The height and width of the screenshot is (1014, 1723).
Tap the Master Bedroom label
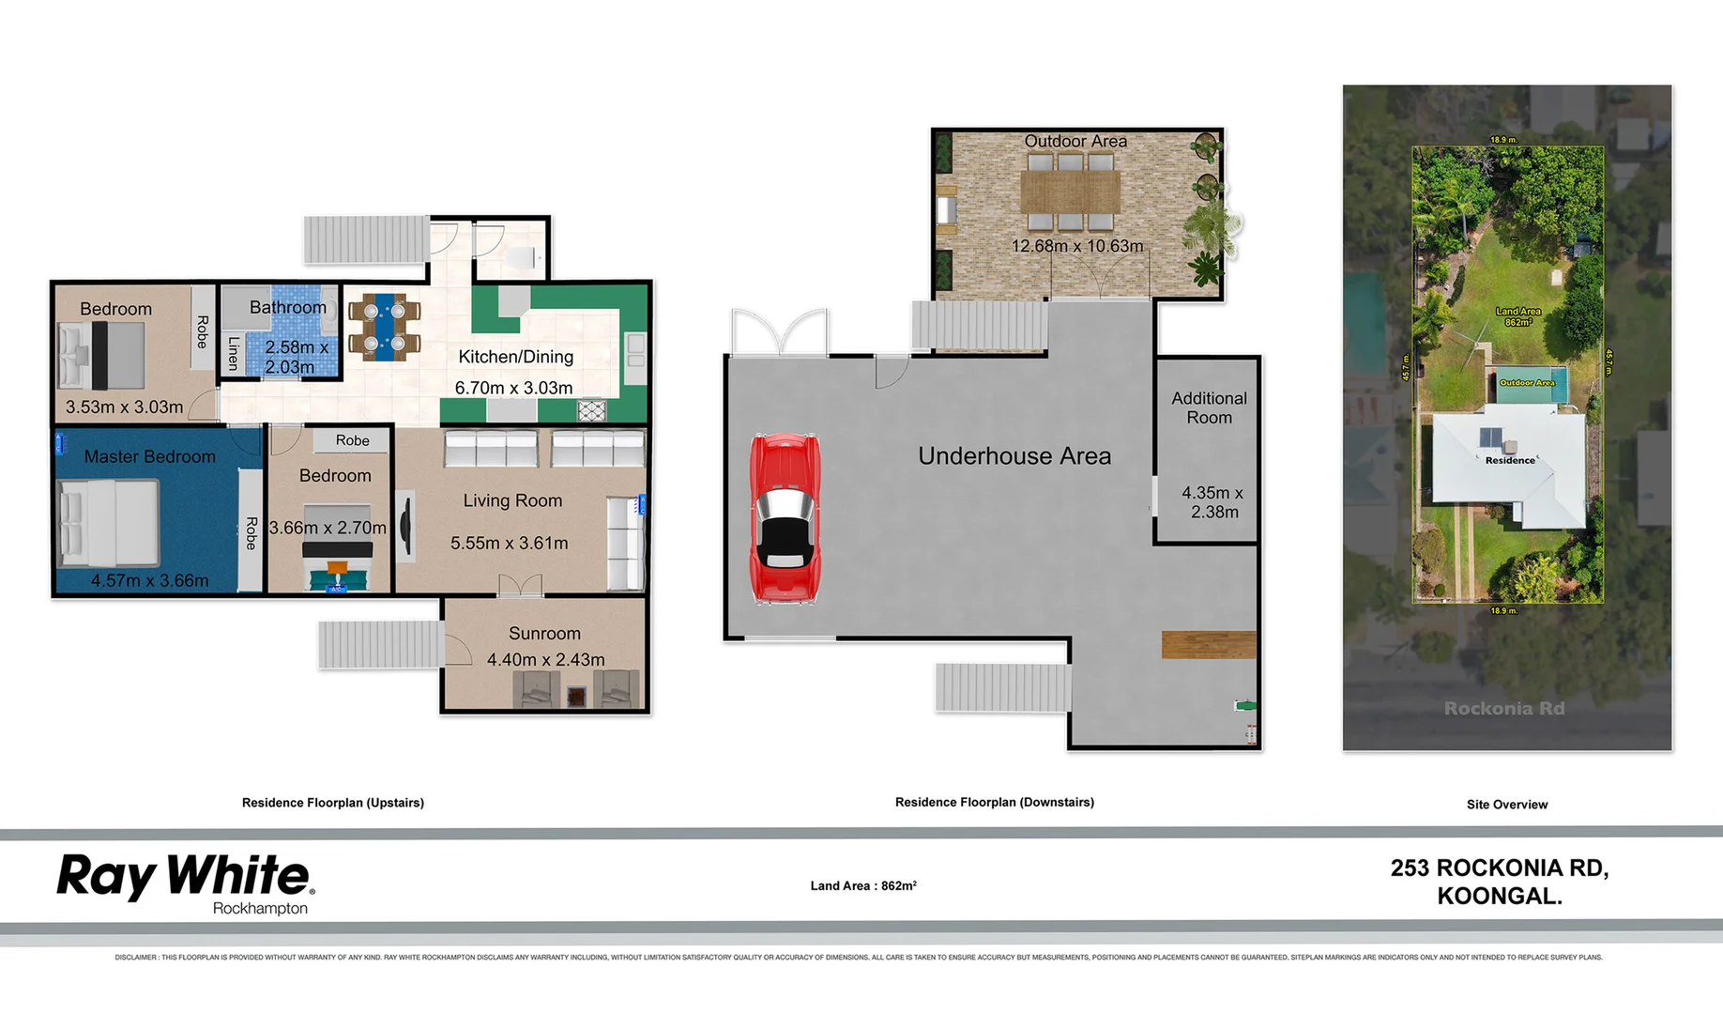tap(150, 457)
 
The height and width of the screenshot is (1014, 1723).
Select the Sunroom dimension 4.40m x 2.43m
tap(545, 660)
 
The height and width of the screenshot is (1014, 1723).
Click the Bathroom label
tap(288, 308)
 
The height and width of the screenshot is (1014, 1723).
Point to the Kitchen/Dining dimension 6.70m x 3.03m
tap(513, 388)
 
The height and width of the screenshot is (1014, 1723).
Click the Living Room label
tap(512, 501)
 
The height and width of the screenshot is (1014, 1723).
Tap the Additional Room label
tap(1209, 408)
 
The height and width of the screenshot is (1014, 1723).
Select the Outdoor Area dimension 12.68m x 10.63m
tap(1076, 246)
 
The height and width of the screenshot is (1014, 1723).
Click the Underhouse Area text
tap(1014, 456)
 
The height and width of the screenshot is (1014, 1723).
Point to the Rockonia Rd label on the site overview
tap(1503, 709)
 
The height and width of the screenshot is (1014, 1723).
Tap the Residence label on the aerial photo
tap(1510, 460)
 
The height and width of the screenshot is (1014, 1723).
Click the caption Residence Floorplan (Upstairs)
tap(333, 803)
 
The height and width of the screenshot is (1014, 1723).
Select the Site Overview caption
tap(1507, 805)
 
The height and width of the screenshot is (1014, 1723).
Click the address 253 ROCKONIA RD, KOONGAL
tap(1500, 882)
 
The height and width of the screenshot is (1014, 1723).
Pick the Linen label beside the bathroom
tap(234, 353)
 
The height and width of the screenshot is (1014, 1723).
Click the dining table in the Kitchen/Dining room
tap(385, 328)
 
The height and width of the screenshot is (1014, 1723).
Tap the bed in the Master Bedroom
tap(107, 524)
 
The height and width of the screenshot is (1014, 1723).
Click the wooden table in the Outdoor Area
tap(1071, 192)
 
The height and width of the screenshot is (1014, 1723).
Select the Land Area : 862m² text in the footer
tap(863, 885)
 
